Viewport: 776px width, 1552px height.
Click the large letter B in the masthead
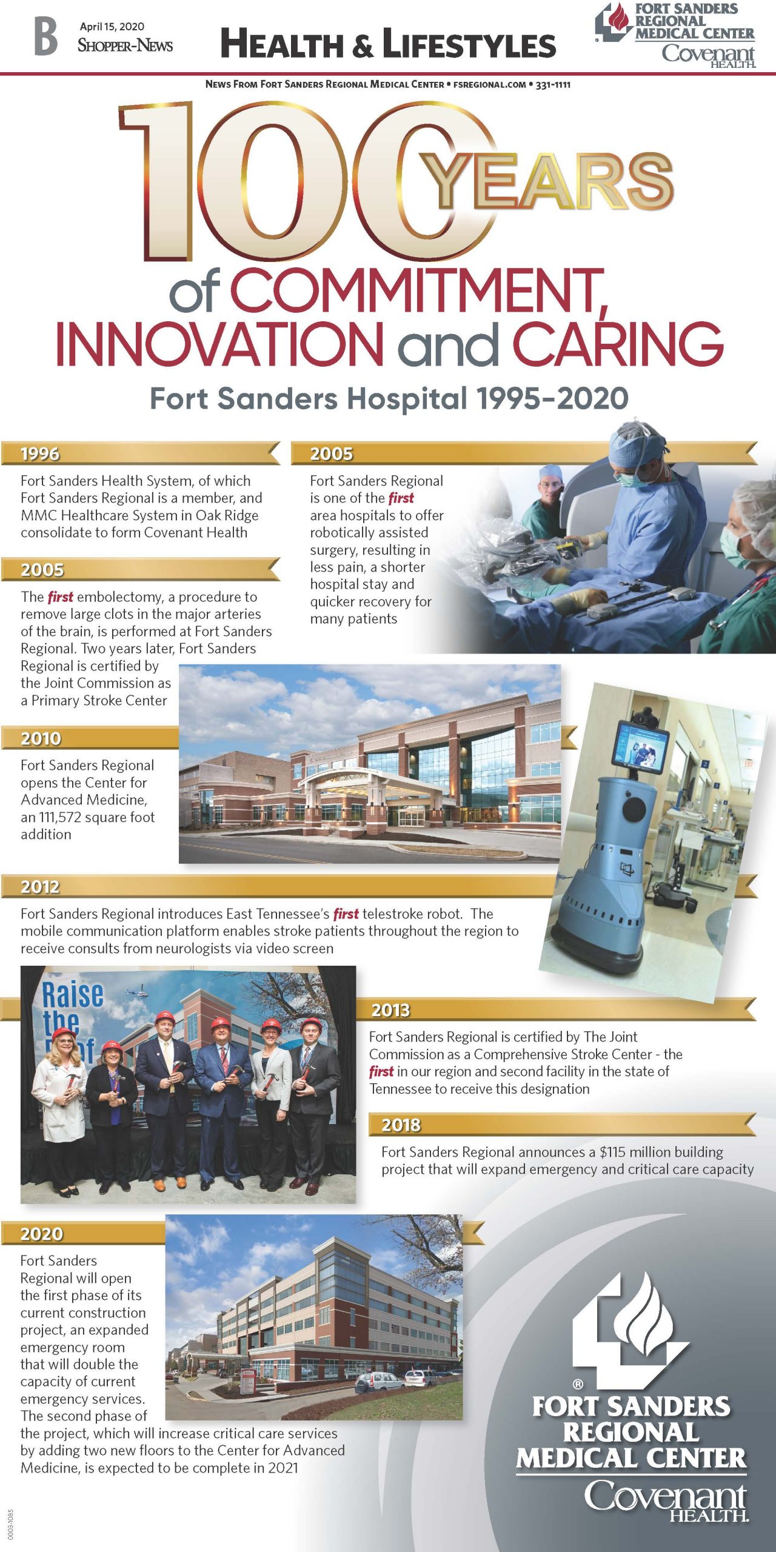click(x=46, y=36)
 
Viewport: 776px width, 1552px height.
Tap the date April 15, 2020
click(x=112, y=27)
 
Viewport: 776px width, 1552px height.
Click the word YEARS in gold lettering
click(x=548, y=181)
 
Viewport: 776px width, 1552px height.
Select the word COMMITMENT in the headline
click(x=418, y=291)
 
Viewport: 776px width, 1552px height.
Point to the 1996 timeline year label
click(x=40, y=454)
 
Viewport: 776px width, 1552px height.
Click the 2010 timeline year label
click(x=41, y=738)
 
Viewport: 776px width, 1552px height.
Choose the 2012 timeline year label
click(x=40, y=887)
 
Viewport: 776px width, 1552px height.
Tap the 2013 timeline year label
click(x=390, y=1010)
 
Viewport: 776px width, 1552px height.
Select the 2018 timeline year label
click(x=401, y=1125)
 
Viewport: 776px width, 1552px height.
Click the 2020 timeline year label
click(x=41, y=1234)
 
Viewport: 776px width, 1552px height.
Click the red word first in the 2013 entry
click(x=381, y=1072)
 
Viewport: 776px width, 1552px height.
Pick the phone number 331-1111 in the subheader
click(x=553, y=85)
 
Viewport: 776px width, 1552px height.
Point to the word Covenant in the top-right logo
click(x=707, y=53)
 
